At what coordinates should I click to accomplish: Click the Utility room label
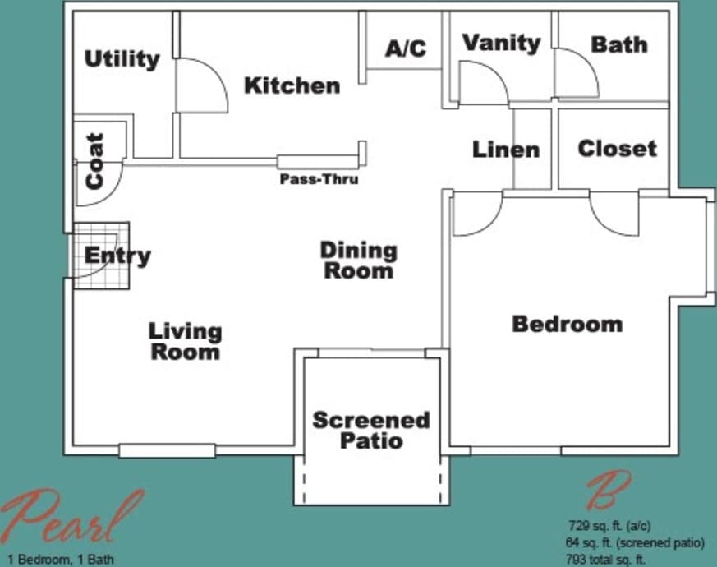coord(122,59)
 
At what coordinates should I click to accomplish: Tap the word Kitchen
coord(292,85)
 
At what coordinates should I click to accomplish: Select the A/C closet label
coord(406,48)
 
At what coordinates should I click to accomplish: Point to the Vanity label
coord(501,43)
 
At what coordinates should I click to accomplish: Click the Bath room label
coord(618,44)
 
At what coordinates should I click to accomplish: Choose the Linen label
coord(506,150)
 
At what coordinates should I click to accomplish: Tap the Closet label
coord(617,149)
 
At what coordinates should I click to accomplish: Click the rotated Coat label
coord(95,161)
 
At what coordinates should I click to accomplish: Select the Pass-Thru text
coord(319,178)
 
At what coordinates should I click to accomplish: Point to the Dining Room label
coord(358,260)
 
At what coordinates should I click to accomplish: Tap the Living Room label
coord(185,341)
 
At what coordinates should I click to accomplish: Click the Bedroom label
coord(567,324)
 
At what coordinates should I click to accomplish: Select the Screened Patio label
coord(371,430)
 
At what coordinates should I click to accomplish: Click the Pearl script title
coord(70,518)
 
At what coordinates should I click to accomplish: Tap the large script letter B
coord(608,491)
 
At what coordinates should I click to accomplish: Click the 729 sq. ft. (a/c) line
coord(610,526)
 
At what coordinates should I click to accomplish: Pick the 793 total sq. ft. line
coord(605,560)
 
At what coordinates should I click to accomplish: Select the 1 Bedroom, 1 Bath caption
coord(57,560)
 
